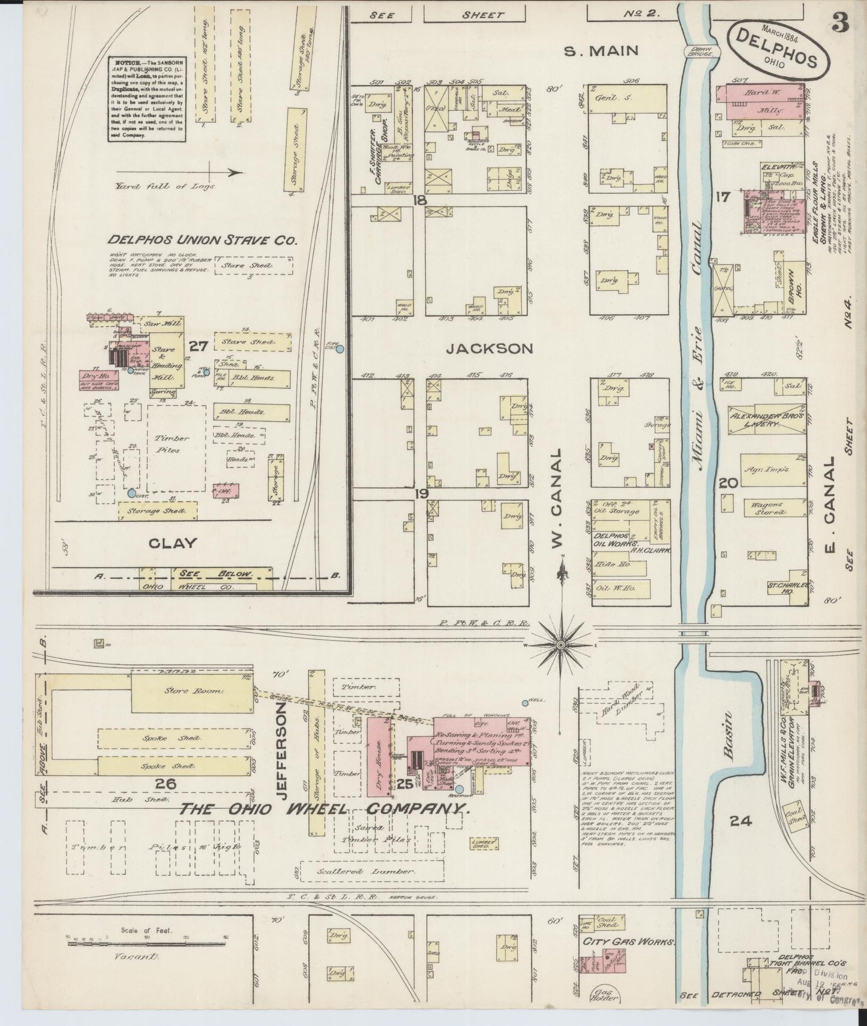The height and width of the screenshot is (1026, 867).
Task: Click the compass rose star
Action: pos(560,645)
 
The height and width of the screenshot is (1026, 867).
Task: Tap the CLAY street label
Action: pos(172,543)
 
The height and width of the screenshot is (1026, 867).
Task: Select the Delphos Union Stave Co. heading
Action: pos(203,240)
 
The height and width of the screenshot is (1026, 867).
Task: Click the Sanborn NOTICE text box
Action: pos(146,99)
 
